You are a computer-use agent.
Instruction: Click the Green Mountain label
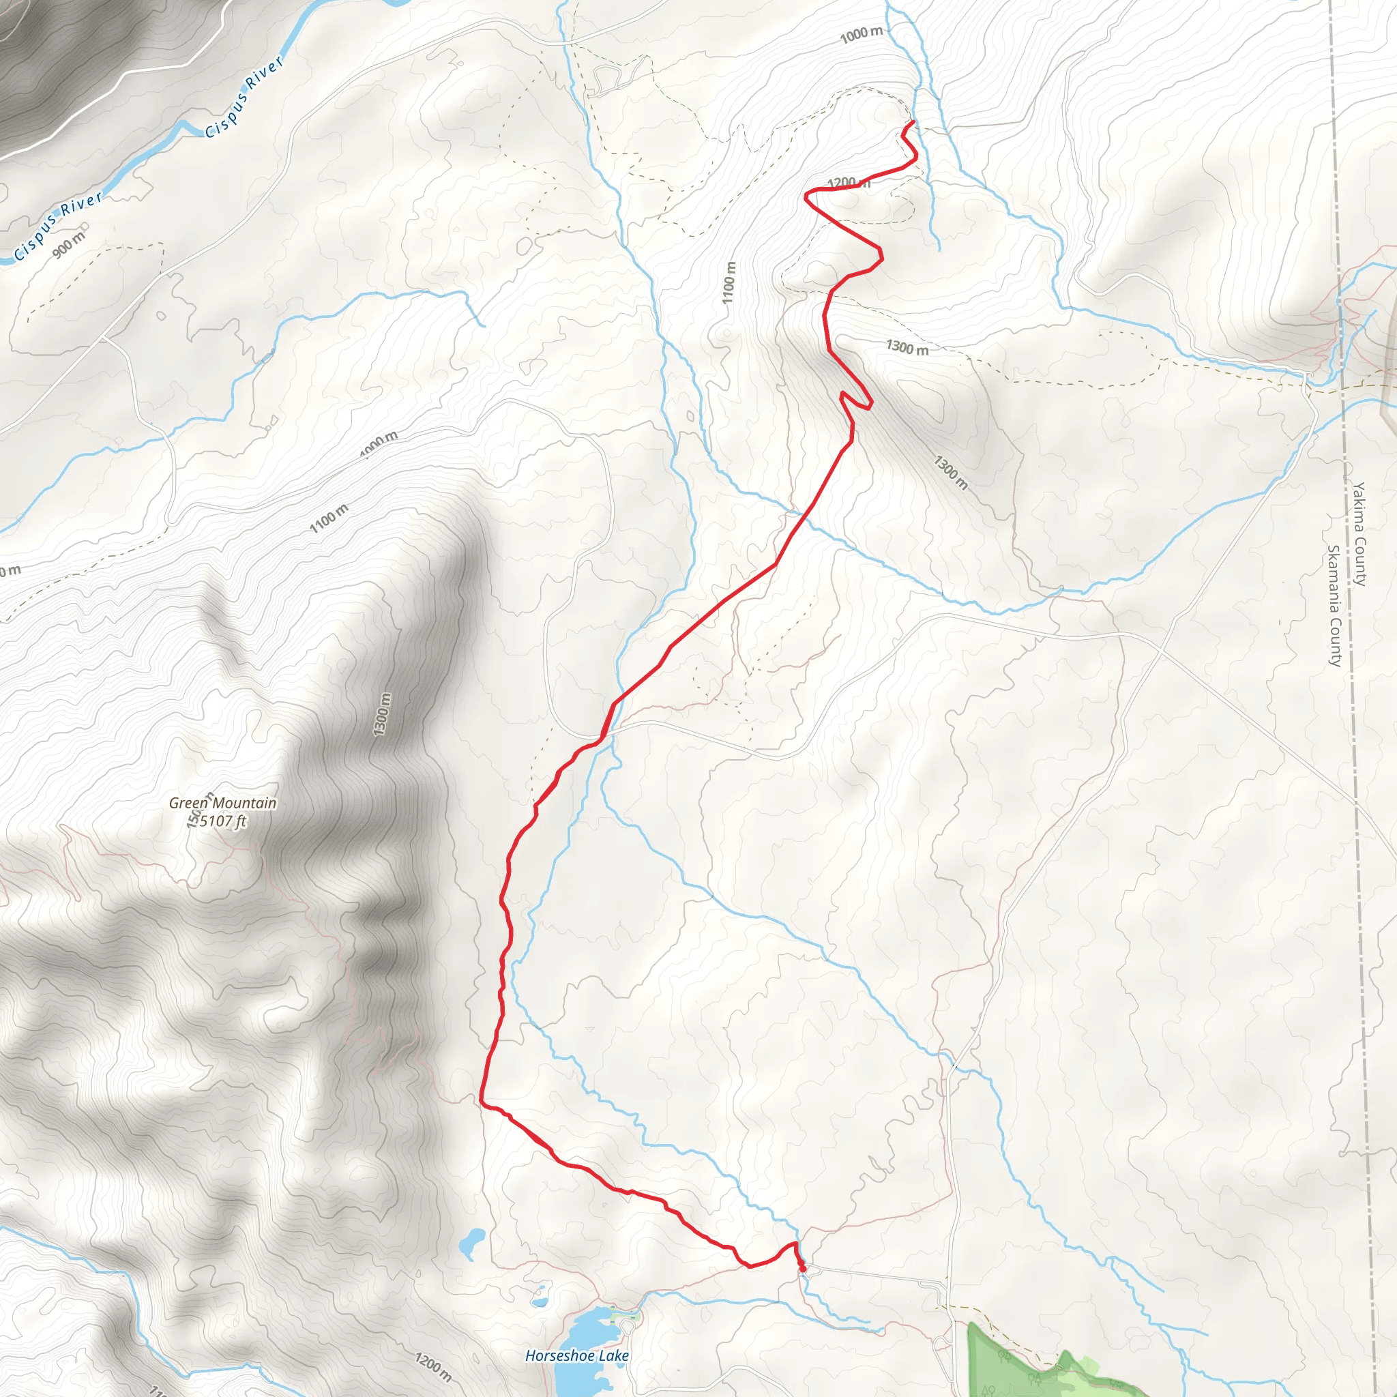point(222,803)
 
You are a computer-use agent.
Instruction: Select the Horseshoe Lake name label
point(576,1356)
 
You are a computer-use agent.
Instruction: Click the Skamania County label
point(1335,605)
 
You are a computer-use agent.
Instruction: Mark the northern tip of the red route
point(913,121)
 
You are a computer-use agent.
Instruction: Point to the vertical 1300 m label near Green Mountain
point(383,714)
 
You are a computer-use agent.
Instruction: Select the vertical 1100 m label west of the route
point(729,282)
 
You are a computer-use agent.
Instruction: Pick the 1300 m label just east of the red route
point(907,348)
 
